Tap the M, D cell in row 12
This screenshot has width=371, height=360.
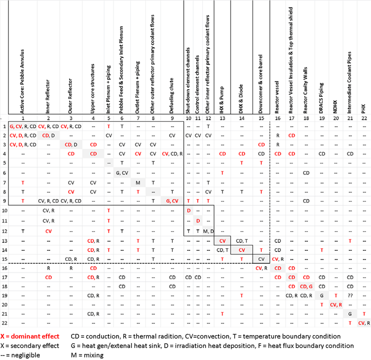click(x=208, y=231)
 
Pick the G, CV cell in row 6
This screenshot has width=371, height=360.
click(x=122, y=173)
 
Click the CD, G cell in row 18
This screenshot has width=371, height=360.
click(x=306, y=286)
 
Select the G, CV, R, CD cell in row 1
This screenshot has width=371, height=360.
click(x=22, y=127)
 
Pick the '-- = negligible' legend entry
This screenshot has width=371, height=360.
click(x=20, y=355)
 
